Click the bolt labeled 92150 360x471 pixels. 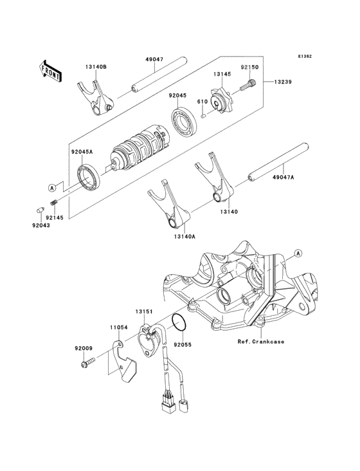click(x=248, y=83)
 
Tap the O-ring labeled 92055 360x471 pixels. click(x=180, y=322)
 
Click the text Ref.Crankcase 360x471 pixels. click(x=260, y=341)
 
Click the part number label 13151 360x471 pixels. click(x=143, y=311)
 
